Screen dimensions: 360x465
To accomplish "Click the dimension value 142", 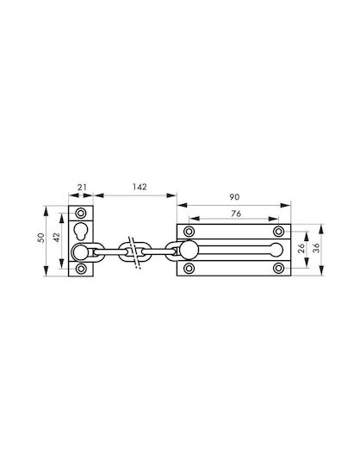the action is pyautogui.click(x=140, y=187).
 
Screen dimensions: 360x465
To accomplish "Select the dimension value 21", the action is pyautogui.click(x=82, y=188).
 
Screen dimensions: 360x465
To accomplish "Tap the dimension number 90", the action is pyautogui.click(x=234, y=197).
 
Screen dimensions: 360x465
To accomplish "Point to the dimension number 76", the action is pyautogui.click(x=236, y=214).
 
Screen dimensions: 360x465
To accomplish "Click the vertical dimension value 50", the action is pyautogui.click(x=41, y=238).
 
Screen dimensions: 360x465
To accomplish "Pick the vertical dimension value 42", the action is pyautogui.click(x=56, y=238).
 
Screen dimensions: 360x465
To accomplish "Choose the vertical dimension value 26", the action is pyautogui.click(x=301, y=248).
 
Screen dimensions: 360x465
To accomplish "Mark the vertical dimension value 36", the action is pyautogui.click(x=317, y=248).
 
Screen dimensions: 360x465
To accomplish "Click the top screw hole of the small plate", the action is pyautogui.click(x=81, y=213).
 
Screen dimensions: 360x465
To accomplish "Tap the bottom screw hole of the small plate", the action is pyautogui.click(x=81, y=269).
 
